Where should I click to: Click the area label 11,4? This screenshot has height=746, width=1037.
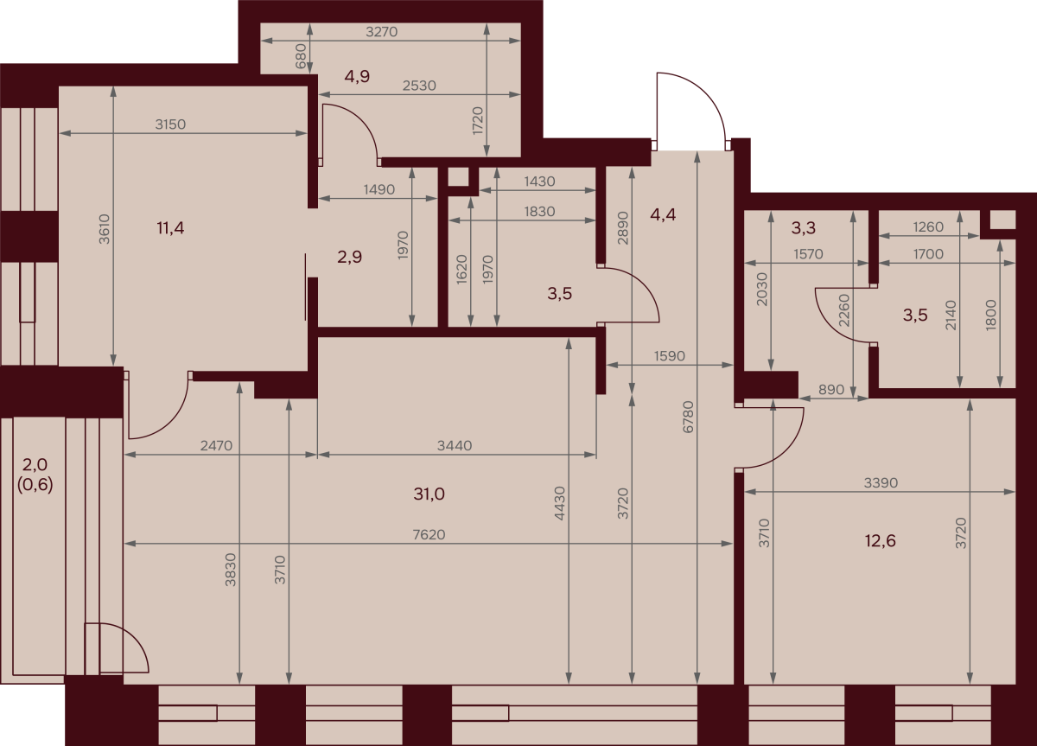170,228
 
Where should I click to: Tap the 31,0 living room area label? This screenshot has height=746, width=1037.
429,494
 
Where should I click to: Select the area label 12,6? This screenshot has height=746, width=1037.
880,540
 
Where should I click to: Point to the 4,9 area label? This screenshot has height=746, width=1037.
357,76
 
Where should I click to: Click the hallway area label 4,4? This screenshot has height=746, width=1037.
663,214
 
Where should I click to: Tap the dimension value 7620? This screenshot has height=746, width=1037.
429,535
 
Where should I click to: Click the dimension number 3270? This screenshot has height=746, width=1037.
381,31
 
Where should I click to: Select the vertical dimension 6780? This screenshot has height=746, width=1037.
689,417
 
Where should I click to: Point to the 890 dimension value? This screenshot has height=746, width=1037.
831,390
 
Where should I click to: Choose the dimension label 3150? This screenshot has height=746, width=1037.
170,124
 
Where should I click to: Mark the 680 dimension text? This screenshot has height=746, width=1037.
301,56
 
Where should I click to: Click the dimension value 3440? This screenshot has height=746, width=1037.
455,445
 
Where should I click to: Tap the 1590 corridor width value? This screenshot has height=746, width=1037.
669,355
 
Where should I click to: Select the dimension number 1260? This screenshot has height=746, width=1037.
928,226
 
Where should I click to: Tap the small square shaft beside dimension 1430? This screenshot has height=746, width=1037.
458,177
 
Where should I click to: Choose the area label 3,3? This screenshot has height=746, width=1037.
803,228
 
